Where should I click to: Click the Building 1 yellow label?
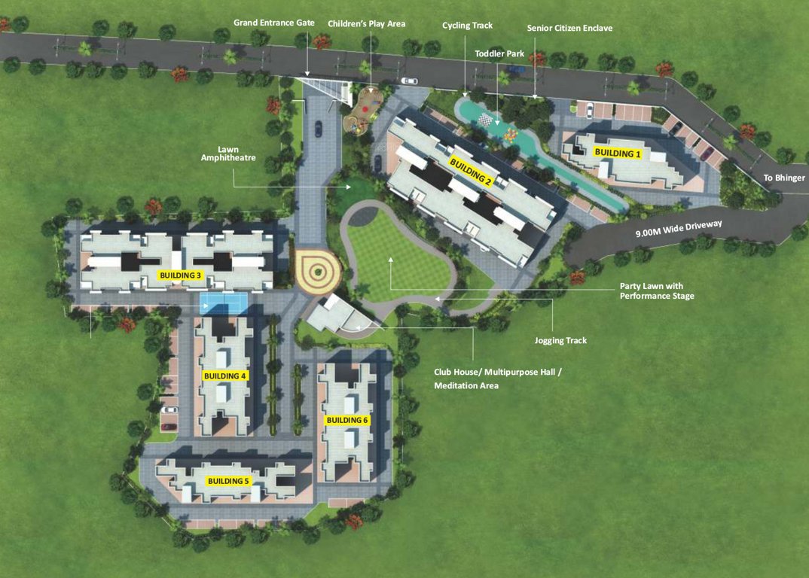[618, 153]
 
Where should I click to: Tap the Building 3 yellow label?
[181, 275]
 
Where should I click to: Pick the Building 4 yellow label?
[225, 376]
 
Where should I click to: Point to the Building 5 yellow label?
[228, 481]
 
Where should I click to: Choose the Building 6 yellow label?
[346, 420]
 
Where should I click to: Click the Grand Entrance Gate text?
[274, 23]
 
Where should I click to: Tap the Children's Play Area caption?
[367, 23]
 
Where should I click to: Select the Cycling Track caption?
[467, 26]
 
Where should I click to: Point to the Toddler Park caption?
[499, 54]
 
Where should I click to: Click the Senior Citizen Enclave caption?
[569, 29]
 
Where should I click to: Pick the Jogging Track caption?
[560, 341]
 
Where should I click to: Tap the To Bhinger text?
[784, 178]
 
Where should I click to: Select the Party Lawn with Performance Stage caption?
[657, 291]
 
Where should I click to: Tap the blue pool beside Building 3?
[224, 302]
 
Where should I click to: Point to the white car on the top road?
[409, 81]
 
